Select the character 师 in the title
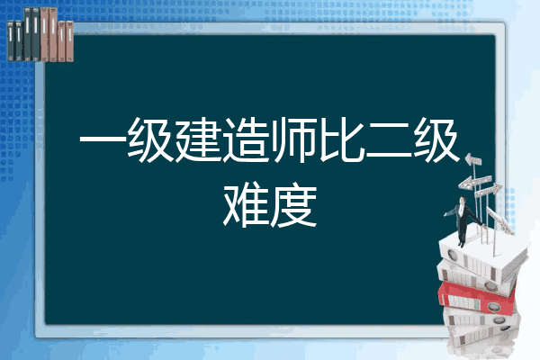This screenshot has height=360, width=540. (x=293, y=140)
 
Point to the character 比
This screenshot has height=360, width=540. (x=341, y=140)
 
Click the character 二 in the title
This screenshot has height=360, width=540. (x=389, y=140)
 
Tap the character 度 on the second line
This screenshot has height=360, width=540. (x=293, y=206)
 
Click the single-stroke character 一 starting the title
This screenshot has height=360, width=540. (x=103, y=140)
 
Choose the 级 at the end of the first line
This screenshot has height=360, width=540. (x=436, y=140)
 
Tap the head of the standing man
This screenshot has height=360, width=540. (x=463, y=200)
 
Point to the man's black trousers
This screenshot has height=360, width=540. (x=462, y=233)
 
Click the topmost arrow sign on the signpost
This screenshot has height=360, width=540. (x=473, y=159)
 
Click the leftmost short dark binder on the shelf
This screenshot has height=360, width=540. (x=11, y=41)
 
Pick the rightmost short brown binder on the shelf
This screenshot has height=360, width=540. (x=70, y=41)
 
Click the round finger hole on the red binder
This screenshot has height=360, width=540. (x=493, y=306)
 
